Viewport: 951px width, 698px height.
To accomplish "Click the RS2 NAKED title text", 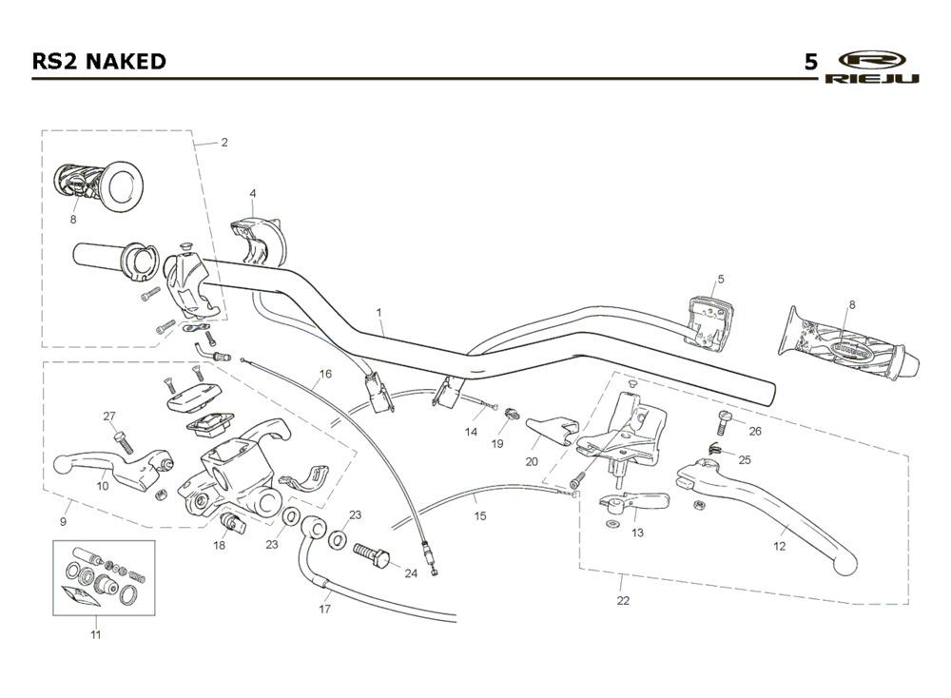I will (99, 62).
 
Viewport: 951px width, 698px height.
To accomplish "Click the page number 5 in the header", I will (810, 63).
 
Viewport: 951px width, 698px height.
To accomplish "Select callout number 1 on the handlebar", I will (378, 312).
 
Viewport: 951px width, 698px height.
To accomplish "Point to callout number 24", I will (411, 572).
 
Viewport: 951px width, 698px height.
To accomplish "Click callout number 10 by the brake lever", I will (103, 485).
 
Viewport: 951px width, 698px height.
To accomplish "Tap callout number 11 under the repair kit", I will (95, 633).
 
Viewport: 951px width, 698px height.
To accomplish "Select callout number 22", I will (623, 600).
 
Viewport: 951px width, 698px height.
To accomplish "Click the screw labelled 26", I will (725, 420).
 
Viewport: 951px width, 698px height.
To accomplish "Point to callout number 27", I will (109, 416).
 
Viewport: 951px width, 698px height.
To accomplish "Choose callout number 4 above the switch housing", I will (253, 193).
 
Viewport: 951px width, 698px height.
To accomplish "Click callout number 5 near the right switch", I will (721, 280).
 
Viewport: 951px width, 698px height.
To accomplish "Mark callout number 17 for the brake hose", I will (324, 609).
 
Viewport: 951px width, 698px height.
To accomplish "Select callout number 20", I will (533, 461).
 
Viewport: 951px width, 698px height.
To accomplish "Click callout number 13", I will (637, 533).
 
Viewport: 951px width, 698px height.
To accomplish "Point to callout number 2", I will (224, 143).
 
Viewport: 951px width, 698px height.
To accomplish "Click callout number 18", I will (220, 546).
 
